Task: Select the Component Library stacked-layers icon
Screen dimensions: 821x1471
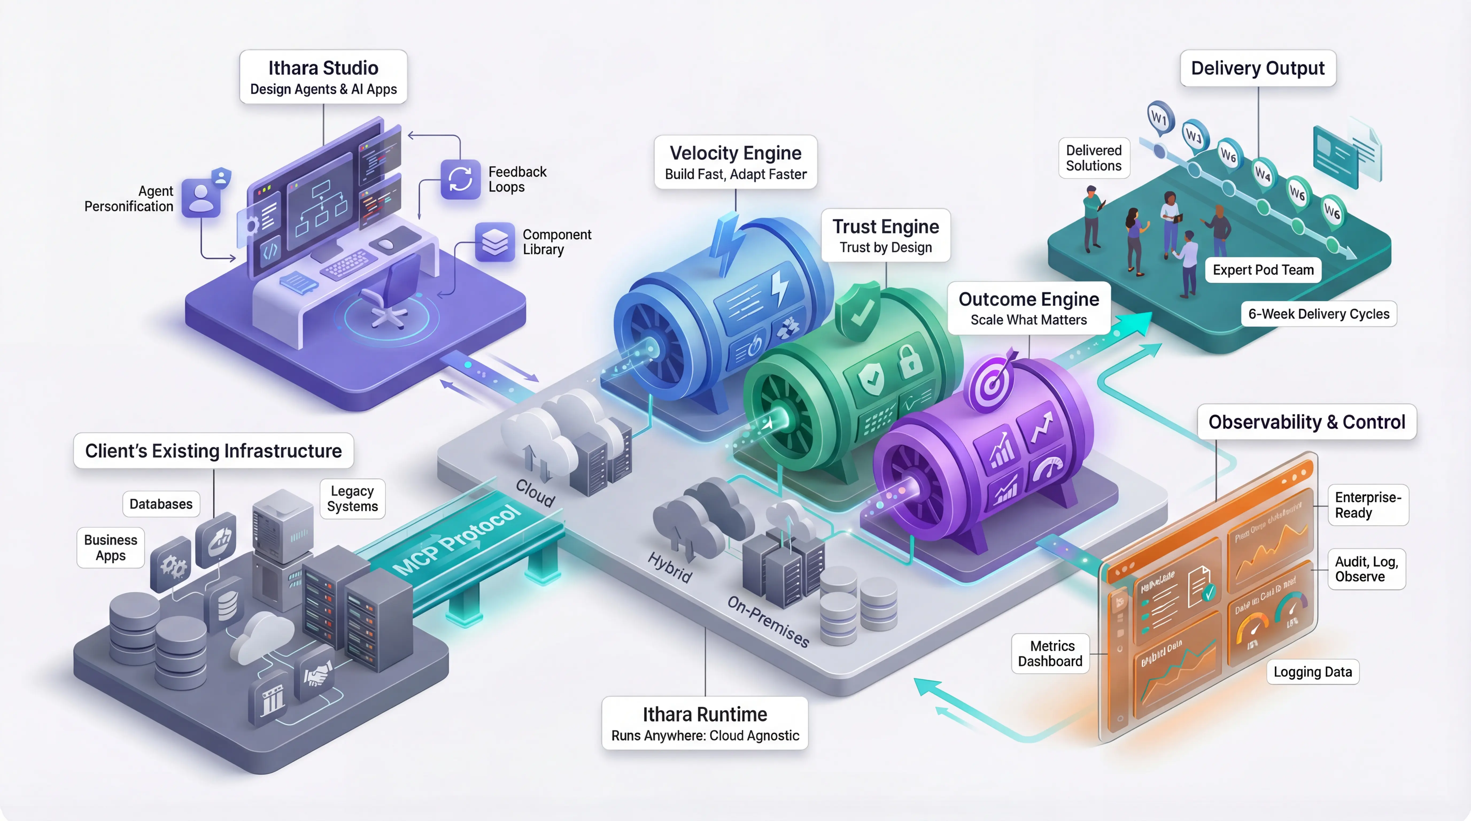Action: (494, 242)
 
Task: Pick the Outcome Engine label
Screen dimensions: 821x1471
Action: (1028, 308)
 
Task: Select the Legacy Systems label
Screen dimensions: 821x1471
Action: (352, 498)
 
